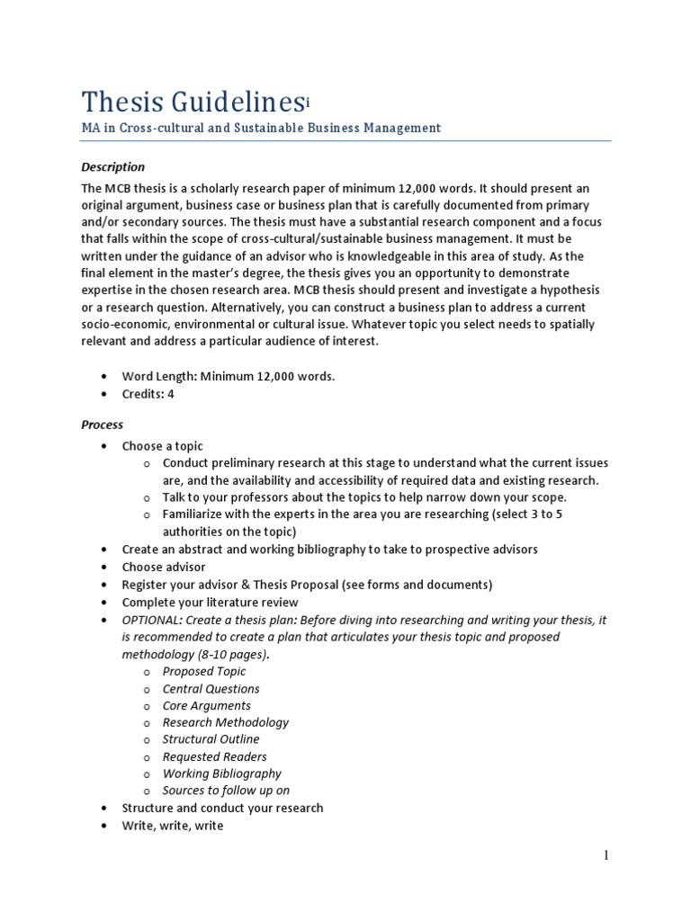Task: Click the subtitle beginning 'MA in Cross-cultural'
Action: pos(261,128)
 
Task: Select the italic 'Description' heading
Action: pos(112,166)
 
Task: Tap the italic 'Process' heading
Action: pos(103,425)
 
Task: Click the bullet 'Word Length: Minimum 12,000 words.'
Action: pos(229,377)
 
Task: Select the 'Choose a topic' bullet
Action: pos(163,446)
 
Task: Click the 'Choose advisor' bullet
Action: pos(164,567)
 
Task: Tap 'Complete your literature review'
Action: pos(210,602)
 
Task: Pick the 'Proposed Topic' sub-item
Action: pos(203,671)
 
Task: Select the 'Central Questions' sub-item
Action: pos(211,688)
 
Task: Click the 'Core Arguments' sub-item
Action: pos(206,705)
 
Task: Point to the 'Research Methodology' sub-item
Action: pos(225,722)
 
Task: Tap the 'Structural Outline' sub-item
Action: pos(211,739)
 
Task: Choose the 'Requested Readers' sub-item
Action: pos(214,756)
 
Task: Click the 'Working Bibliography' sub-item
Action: pos(221,773)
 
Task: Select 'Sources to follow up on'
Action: pos(226,791)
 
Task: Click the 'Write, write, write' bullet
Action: pos(173,825)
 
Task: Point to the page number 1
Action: pos(606,855)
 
